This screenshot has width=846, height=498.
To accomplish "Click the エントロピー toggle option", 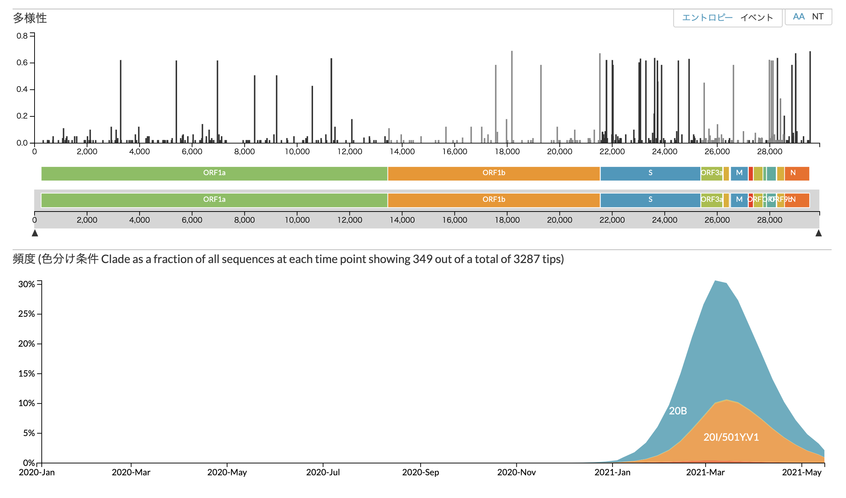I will click(707, 17).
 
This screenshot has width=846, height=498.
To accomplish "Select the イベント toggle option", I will click(756, 17).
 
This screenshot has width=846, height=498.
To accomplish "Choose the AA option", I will click(799, 17).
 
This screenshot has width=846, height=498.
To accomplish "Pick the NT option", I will click(818, 17).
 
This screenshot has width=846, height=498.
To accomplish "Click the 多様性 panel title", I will click(30, 18).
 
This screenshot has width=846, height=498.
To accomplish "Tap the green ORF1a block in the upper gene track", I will click(214, 173).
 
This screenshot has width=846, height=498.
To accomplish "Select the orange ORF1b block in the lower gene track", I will click(494, 200).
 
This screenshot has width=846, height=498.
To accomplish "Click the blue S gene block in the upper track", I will click(650, 173).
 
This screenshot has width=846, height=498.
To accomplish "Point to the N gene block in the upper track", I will click(793, 173).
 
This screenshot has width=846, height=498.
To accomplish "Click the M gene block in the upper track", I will click(739, 173).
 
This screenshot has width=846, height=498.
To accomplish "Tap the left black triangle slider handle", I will click(35, 233).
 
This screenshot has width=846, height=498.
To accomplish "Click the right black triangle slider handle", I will click(819, 233).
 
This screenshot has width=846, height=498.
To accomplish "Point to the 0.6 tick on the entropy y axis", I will click(22, 63).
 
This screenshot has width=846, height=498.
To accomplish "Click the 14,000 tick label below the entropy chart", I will click(402, 152).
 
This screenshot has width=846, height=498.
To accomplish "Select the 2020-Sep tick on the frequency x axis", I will click(420, 472).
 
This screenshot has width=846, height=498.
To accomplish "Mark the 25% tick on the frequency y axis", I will click(27, 314).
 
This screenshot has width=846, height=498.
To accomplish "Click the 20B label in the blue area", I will click(678, 411).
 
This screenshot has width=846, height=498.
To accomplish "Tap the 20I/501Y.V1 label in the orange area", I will click(731, 437).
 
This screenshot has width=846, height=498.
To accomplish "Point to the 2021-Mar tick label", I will click(705, 472).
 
